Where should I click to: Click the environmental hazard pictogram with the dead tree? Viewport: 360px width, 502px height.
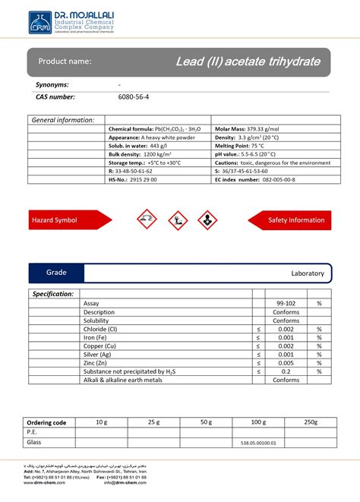(x=176, y=221)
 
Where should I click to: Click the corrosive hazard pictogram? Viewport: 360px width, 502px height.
(x=146, y=221)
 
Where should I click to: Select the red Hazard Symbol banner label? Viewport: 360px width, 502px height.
(x=55, y=220)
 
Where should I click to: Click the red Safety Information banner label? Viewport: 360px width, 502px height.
(x=295, y=220)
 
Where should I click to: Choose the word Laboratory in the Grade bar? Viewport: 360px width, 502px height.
(x=307, y=273)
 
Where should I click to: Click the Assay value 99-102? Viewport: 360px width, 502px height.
(x=286, y=303)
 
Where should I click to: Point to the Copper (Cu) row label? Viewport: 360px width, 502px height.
(x=102, y=346)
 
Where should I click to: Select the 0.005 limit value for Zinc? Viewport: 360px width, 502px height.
(x=286, y=363)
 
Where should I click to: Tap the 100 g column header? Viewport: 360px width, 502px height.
(x=259, y=422)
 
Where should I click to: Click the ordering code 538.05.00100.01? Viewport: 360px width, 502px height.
(x=259, y=443)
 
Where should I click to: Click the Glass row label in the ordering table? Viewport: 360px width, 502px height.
(x=35, y=442)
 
